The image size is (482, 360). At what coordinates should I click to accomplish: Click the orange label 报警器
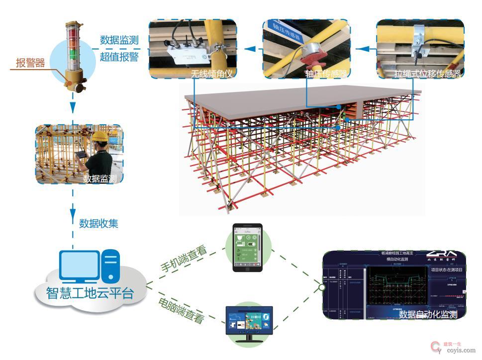point(30,63)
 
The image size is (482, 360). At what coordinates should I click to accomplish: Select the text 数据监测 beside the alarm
point(119,40)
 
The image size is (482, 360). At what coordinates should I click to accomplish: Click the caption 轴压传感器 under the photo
point(326,74)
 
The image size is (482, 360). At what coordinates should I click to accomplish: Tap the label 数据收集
point(98,223)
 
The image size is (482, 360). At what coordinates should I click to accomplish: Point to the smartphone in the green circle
point(248,248)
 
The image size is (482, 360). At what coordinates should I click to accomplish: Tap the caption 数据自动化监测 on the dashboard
point(428,314)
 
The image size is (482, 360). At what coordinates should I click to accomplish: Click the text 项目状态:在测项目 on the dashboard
point(447,269)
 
